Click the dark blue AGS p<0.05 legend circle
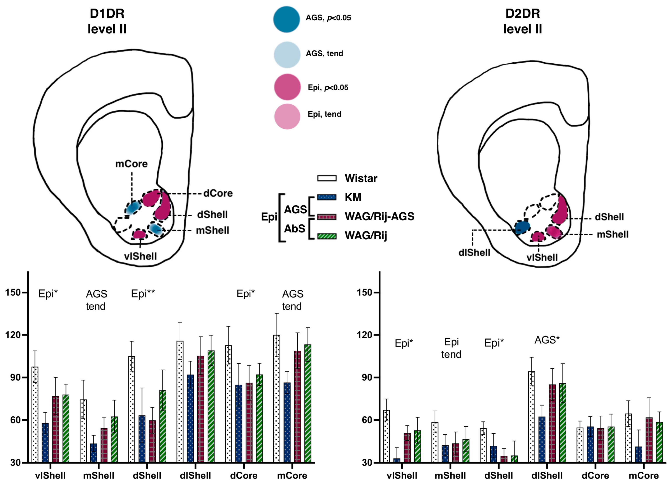286,19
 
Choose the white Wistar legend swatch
327,178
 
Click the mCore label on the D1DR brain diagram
131,164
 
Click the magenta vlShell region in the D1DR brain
139,234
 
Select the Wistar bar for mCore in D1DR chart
277,398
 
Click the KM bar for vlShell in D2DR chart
397,460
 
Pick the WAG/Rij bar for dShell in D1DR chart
162,426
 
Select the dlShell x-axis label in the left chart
195,476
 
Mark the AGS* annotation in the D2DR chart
547,340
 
